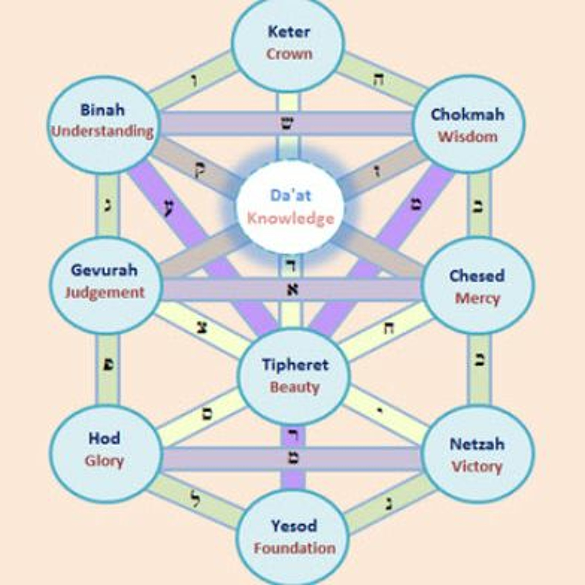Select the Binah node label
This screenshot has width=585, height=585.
tap(102, 110)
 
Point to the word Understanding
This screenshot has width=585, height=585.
tap(102, 132)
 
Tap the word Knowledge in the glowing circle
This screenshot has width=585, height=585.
tap(291, 219)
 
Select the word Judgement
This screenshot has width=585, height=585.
tap(105, 292)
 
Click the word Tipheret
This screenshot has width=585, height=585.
tap(295, 365)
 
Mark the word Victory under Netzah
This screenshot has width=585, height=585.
tap(477, 467)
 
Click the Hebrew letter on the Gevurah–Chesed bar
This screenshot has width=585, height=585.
tap(292, 289)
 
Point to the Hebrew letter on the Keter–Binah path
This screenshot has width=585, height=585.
tap(194, 82)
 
